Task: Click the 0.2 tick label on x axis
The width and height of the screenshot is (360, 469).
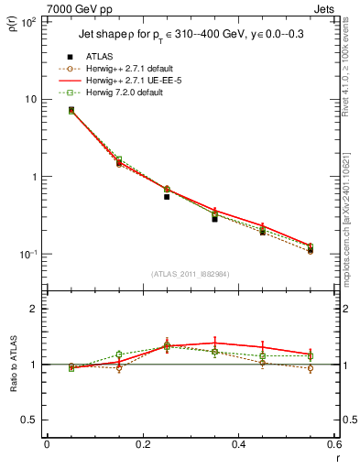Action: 142,446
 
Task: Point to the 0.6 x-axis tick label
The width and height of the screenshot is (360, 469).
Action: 333,446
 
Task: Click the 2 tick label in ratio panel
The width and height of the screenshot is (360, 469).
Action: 35,309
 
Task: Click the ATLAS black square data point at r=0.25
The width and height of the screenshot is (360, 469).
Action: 167,197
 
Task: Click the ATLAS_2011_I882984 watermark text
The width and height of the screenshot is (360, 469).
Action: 189,274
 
